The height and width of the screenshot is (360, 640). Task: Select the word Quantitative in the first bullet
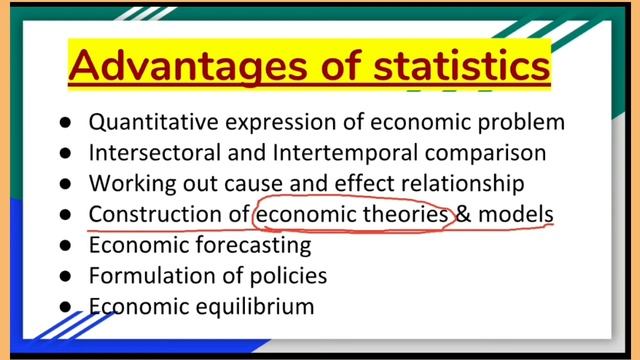(151, 122)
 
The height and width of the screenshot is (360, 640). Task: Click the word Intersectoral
(153, 153)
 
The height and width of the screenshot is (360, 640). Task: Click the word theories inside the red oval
(410, 214)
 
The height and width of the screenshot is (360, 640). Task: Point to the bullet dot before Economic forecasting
(65, 245)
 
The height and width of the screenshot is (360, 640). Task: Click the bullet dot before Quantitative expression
(65, 123)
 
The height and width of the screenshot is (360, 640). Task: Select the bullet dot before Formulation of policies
(65, 275)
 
